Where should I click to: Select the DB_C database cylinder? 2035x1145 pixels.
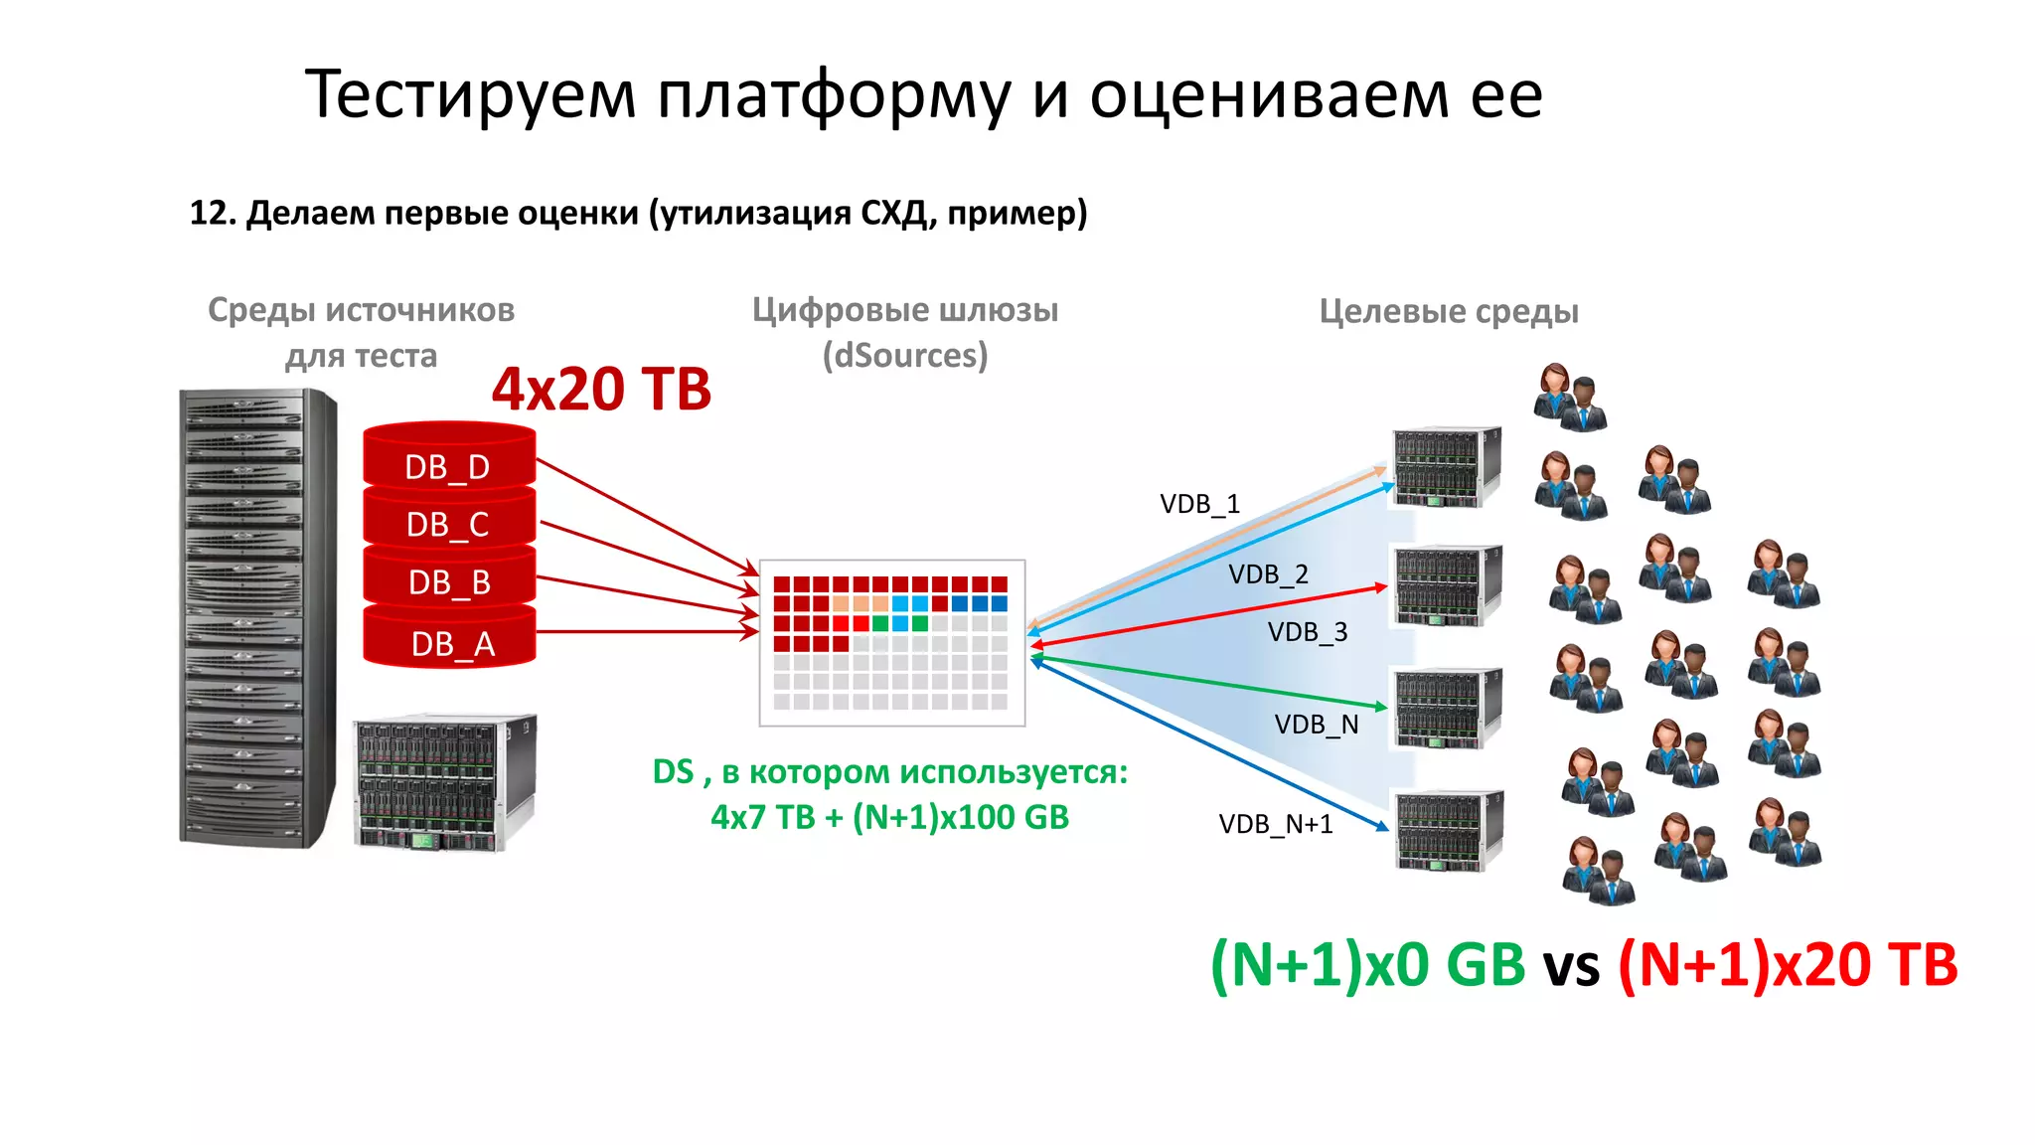click(x=448, y=522)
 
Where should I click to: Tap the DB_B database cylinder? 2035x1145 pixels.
click(x=449, y=580)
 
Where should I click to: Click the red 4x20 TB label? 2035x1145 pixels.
click(x=601, y=389)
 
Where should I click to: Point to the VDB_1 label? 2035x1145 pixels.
click(x=1199, y=504)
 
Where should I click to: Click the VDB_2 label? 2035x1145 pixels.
click(x=1268, y=574)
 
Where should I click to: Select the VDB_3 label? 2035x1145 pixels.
click(x=1308, y=632)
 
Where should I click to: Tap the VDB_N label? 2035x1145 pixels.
click(x=1316, y=725)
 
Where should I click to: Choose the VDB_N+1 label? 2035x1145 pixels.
click(x=1276, y=824)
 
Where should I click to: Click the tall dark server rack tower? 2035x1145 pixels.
click(x=256, y=618)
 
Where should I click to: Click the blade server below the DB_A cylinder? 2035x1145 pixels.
click(x=444, y=782)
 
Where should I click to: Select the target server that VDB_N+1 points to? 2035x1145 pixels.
click(x=1449, y=830)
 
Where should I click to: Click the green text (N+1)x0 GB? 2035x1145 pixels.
click(x=1367, y=964)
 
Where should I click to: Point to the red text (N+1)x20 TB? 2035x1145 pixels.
click(x=1788, y=964)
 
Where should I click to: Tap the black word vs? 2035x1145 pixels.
click(x=1571, y=966)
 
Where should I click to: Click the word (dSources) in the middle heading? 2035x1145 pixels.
click(x=904, y=355)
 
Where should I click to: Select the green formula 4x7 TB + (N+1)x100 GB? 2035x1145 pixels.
click(x=889, y=817)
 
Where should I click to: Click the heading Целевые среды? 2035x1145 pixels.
click(x=1448, y=311)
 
